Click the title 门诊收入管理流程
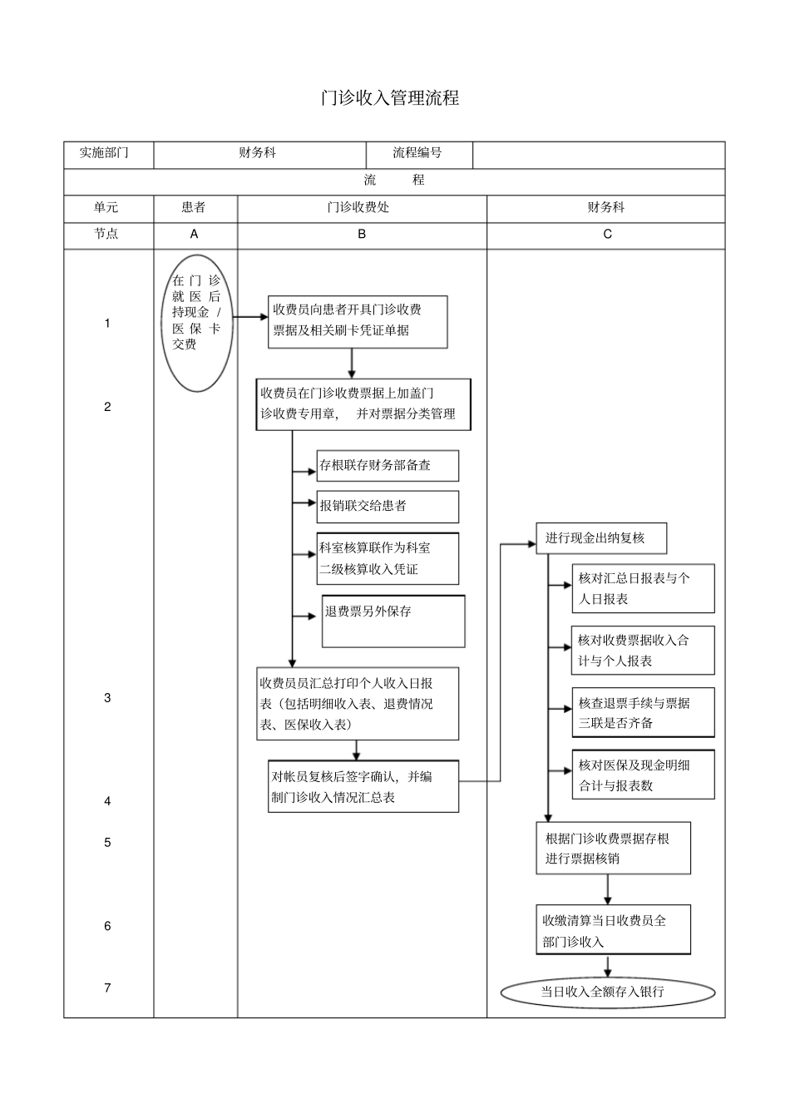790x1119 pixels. (x=390, y=97)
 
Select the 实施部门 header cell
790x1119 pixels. (x=105, y=153)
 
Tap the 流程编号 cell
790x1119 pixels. (x=418, y=153)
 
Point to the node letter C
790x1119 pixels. (x=607, y=235)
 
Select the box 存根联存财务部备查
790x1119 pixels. (x=387, y=466)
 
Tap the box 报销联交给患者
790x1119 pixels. (x=387, y=506)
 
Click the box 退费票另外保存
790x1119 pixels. (x=393, y=621)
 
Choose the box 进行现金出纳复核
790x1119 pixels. (x=600, y=538)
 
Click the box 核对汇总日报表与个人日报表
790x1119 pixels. (x=642, y=588)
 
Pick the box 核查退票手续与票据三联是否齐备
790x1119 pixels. (x=642, y=713)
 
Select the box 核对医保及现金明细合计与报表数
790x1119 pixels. (x=642, y=775)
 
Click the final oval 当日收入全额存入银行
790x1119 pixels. (x=607, y=992)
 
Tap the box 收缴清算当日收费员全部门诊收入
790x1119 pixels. (x=613, y=931)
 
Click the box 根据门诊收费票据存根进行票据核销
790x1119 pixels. (x=613, y=848)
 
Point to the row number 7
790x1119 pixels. (x=107, y=988)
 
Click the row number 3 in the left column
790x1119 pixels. (x=107, y=698)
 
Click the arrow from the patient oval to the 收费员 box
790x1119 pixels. (x=249, y=317)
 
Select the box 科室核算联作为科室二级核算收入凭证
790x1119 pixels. (x=387, y=558)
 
